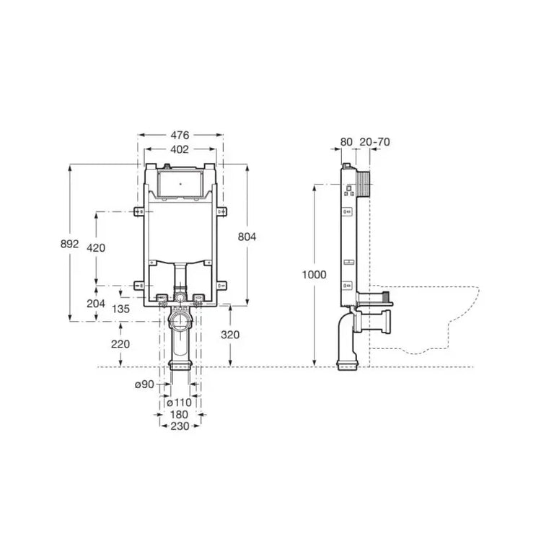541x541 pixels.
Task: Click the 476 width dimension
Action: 180,135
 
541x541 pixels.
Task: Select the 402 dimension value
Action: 180,149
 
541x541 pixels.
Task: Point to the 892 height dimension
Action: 70,244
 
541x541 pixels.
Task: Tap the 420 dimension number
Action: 96,247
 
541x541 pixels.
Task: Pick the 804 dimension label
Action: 247,237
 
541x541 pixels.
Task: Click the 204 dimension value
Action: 96,304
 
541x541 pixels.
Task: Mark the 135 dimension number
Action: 120,309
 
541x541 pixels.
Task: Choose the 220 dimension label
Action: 120,344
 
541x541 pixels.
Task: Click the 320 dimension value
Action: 230,335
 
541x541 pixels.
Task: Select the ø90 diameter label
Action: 144,384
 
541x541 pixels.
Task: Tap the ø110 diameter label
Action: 179,403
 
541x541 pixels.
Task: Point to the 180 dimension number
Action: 179,414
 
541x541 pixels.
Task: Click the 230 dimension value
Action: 180,426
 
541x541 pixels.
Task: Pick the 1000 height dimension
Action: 314,275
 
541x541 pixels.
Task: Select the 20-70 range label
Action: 374,142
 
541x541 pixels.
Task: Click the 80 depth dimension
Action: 346,142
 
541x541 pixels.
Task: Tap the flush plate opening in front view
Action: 180,184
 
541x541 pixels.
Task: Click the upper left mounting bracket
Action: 138,212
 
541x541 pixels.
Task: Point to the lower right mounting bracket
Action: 222,286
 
